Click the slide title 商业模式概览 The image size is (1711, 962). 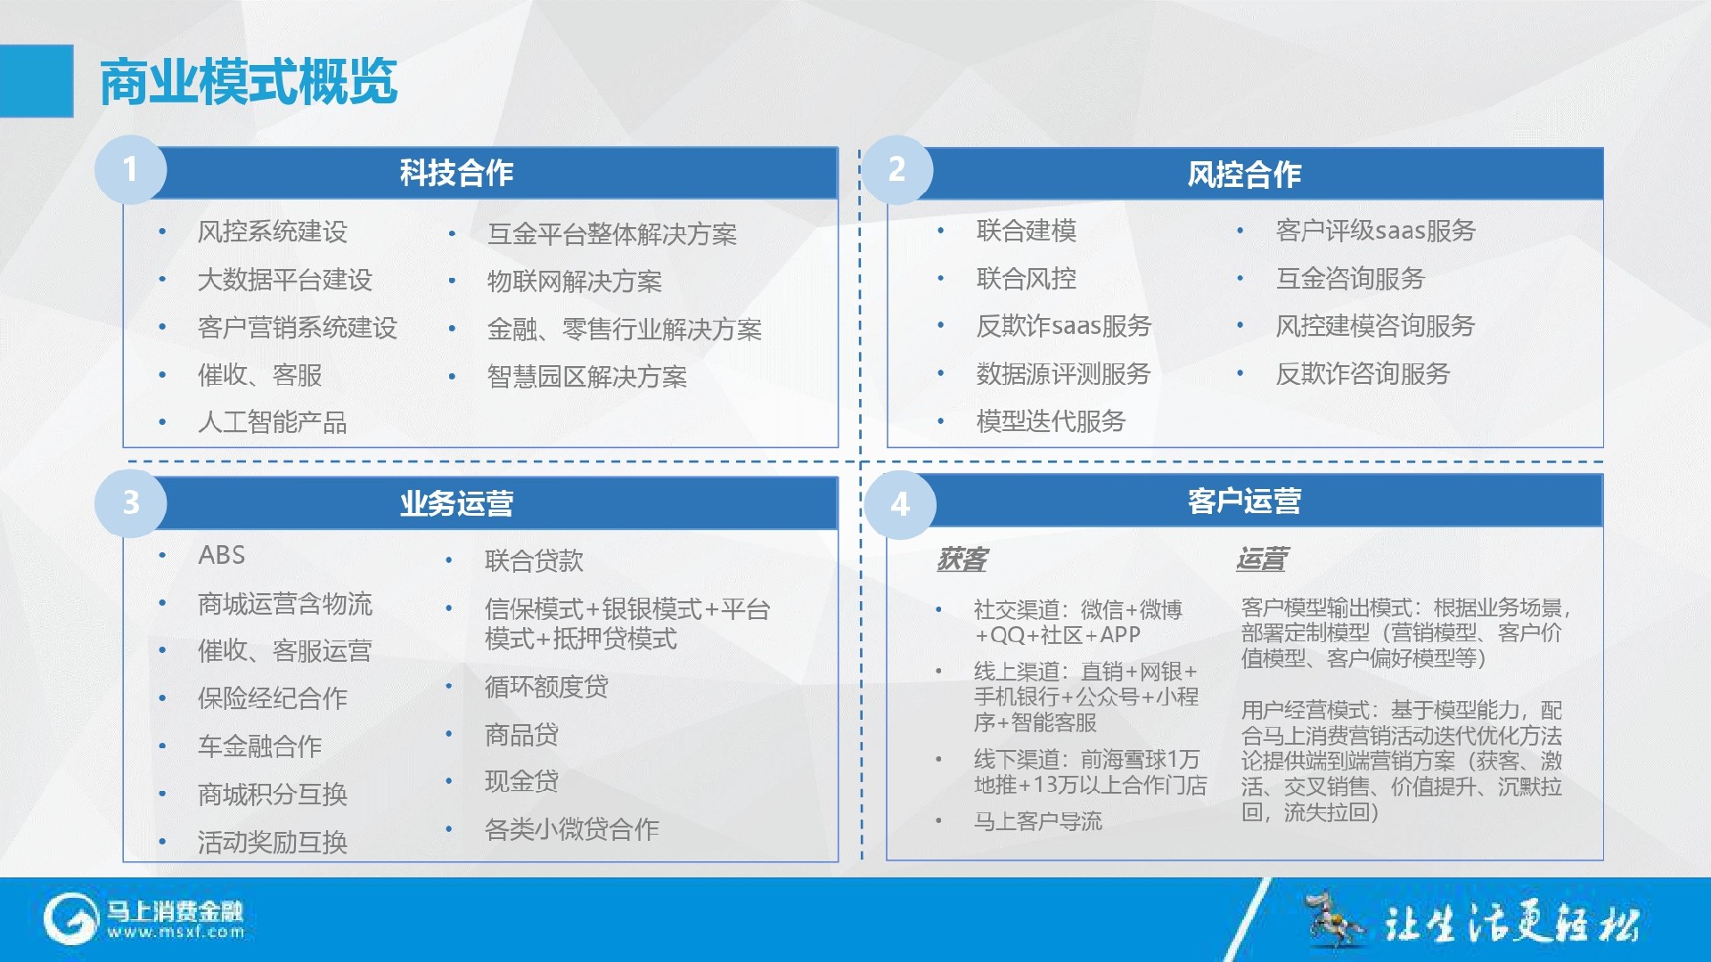coord(248,82)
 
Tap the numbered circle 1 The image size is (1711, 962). coord(130,169)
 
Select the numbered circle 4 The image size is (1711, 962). coord(900,504)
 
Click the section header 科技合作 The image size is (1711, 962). coord(456,173)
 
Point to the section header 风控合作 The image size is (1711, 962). coord(1244,175)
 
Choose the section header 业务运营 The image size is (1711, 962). coord(456,503)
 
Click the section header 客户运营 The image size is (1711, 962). coord(1244,501)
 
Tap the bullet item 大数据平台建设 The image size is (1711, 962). coord(284,280)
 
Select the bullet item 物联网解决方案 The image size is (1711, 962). coord(574,281)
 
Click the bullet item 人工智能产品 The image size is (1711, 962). coord(272,422)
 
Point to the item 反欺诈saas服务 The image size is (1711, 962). coord(1063,326)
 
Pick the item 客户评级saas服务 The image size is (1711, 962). coord(1375,231)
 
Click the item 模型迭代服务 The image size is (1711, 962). coord(1051,421)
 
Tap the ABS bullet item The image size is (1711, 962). coord(221,555)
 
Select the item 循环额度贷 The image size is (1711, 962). coord(546,687)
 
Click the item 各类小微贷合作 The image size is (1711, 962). coord(571,829)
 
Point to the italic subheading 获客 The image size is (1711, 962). coord(962,559)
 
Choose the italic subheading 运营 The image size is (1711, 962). coord(1262,559)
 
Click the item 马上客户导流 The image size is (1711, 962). coord(1037,821)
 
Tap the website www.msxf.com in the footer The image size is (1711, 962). coord(176,933)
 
